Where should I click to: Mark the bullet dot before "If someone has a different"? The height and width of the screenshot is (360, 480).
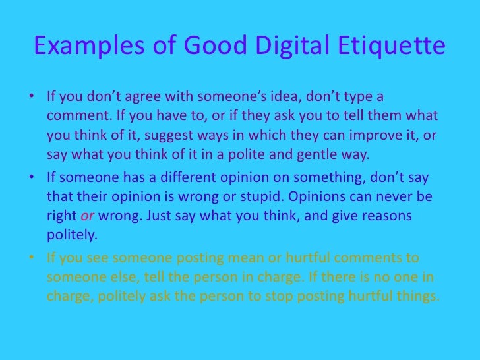pos(35,177)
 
